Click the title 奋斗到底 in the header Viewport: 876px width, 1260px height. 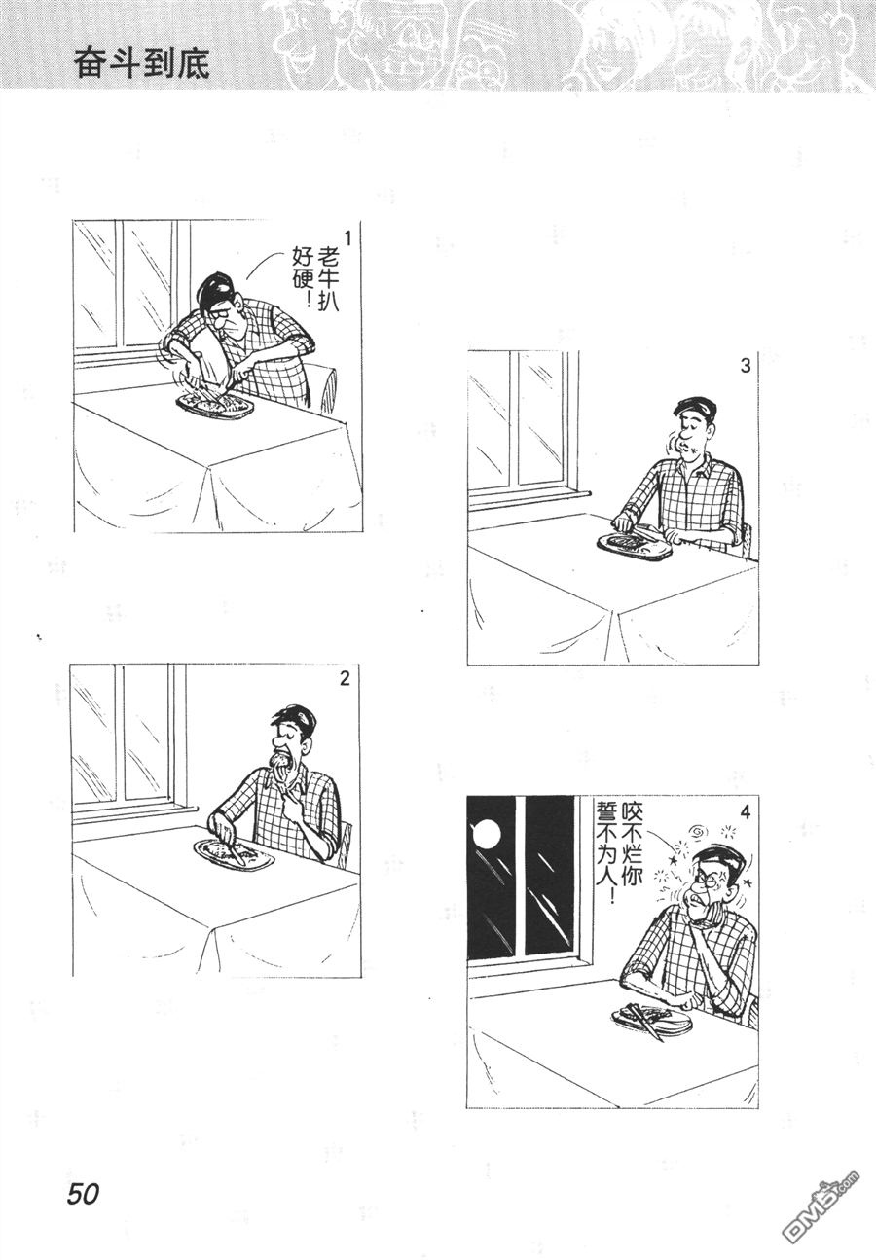point(142,65)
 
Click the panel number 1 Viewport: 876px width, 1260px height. point(347,238)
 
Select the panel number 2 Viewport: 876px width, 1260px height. point(345,679)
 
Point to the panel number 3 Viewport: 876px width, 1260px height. point(745,366)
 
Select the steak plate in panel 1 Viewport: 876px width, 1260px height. point(215,405)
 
